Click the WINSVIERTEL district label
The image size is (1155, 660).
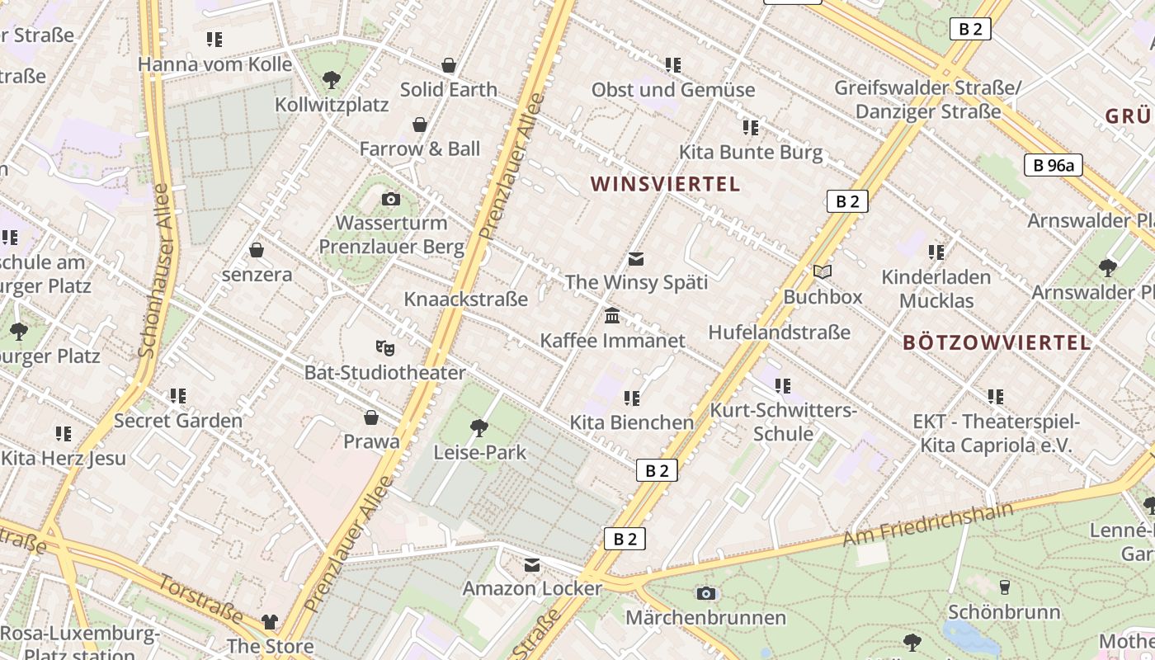pos(665,184)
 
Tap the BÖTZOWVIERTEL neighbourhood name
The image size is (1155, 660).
pos(997,342)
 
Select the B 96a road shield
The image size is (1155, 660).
pos(1054,166)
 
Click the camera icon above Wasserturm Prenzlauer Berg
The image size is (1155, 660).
pos(391,199)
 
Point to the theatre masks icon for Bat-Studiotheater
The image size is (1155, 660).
pos(384,348)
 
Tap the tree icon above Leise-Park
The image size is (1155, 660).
pos(478,427)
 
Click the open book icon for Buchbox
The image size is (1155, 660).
pos(822,271)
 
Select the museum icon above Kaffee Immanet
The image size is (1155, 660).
pos(612,316)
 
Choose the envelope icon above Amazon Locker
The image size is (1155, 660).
pos(532,565)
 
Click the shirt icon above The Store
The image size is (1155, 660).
pos(270,622)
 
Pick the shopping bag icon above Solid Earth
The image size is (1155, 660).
pos(449,65)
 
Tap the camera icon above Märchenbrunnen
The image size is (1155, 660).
pos(705,593)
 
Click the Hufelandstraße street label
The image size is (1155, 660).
pos(779,332)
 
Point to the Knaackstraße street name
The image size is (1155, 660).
pos(465,299)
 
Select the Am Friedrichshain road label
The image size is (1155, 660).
pos(927,525)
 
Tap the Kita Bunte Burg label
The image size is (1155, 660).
pos(750,153)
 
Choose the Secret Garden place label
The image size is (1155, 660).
pos(178,421)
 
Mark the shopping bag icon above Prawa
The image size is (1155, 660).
pos(371,418)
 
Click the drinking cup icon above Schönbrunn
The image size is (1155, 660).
pos(1004,587)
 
